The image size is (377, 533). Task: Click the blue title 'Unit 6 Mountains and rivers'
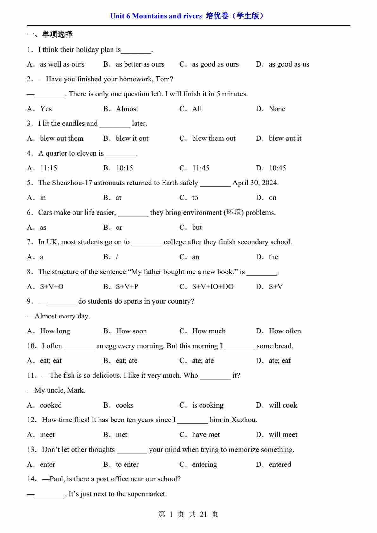pyautogui.click(x=156, y=16)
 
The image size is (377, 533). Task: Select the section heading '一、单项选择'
pyautogui.click(x=50, y=34)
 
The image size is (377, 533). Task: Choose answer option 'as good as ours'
pyautogui.click(x=215, y=64)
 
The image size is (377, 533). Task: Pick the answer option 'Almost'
pyautogui.click(x=127, y=109)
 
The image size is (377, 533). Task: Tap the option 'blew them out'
pyautogui.click(x=214, y=138)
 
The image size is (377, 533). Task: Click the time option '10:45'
pyautogui.click(x=277, y=168)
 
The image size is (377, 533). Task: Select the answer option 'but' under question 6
pyautogui.click(x=197, y=228)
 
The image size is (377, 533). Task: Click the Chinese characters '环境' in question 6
pyautogui.click(x=233, y=212)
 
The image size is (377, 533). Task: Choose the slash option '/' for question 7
pyautogui.click(x=117, y=257)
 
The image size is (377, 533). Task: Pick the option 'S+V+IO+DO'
pyautogui.click(x=213, y=287)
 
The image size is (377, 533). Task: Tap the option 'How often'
pyautogui.click(x=285, y=331)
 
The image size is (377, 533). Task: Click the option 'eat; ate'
pyautogui.click(x=127, y=361)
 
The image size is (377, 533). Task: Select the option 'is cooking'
pyautogui.click(x=208, y=405)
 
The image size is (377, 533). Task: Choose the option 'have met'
pyautogui.click(x=206, y=435)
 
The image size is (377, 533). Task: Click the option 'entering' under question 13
pyautogui.click(x=204, y=465)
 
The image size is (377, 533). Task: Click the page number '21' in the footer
pyautogui.click(x=203, y=514)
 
